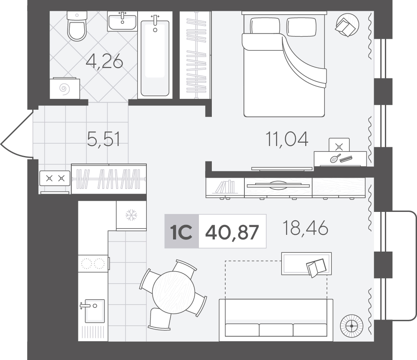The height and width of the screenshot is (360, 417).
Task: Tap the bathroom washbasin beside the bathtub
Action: (x=122, y=21)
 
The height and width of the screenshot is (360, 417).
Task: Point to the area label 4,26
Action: (x=105, y=61)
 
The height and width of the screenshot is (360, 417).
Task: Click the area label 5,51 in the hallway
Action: (x=104, y=139)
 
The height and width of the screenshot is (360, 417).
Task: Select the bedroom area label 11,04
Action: (x=287, y=139)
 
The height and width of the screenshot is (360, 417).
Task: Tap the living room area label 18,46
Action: (x=305, y=228)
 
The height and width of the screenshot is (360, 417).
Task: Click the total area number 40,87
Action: (x=232, y=232)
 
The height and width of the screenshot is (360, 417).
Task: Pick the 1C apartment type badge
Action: (x=182, y=231)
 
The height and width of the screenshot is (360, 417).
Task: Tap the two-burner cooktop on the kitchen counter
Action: (x=93, y=263)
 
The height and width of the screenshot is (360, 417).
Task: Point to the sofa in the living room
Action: (x=276, y=320)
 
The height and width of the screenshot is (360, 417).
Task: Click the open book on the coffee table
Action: (x=316, y=267)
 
